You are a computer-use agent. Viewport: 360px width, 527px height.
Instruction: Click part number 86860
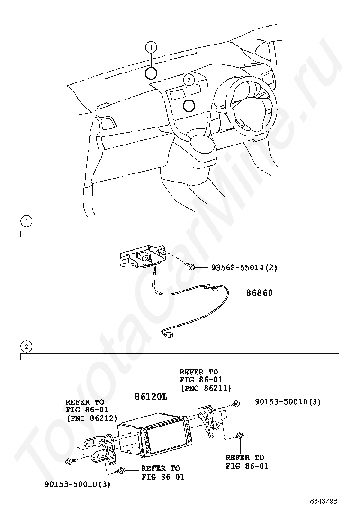pyautogui.click(x=259, y=293)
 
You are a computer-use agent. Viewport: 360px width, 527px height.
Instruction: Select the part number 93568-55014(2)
pyautogui.click(x=244, y=268)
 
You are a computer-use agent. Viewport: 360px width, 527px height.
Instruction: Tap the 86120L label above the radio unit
pyautogui.click(x=151, y=397)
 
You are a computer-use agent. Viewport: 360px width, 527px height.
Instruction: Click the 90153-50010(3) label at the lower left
pyautogui.click(x=77, y=484)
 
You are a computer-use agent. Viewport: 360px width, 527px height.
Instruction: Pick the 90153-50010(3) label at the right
pyautogui.click(x=288, y=401)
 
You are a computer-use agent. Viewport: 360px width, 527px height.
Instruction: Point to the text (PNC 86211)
pyautogui.click(x=206, y=389)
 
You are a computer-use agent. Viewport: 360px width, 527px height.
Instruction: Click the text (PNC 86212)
pyautogui.click(x=92, y=418)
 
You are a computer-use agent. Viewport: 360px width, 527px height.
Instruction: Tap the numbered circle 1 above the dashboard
pyautogui.click(x=151, y=48)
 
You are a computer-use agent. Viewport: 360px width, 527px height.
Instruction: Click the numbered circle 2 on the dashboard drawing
pyautogui.click(x=189, y=80)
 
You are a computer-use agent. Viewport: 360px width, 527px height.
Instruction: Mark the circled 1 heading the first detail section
pyautogui.click(x=26, y=221)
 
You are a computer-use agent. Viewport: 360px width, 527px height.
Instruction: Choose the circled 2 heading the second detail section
pyautogui.click(x=26, y=346)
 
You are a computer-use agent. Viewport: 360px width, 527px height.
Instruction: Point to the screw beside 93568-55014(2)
pyautogui.click(x=190, y=266)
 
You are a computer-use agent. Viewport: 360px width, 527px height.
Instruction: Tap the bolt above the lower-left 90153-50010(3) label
pyautogui.click(x=70, y=462)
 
